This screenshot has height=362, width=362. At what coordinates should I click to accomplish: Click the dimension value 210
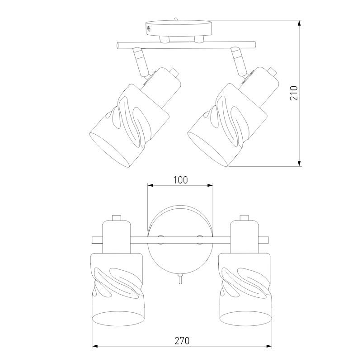click(x=294, y=93)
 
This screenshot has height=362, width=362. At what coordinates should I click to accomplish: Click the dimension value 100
click(x=180, y=180)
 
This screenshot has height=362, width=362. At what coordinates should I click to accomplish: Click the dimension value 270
click(x=182, y=340)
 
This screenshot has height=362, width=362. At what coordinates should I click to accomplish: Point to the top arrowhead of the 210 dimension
click(x=299, y=23)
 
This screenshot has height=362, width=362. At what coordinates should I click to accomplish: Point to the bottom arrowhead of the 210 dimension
click(x=299, y=164)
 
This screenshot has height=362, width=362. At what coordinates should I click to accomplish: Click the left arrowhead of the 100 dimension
click(x=150, y=185)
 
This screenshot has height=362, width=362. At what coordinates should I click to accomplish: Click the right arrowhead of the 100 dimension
click(x=210, y=185)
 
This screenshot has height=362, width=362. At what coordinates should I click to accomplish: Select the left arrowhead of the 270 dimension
click(x=95, y=346)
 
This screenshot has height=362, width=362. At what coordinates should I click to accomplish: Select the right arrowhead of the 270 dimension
click(x=269, y=346)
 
